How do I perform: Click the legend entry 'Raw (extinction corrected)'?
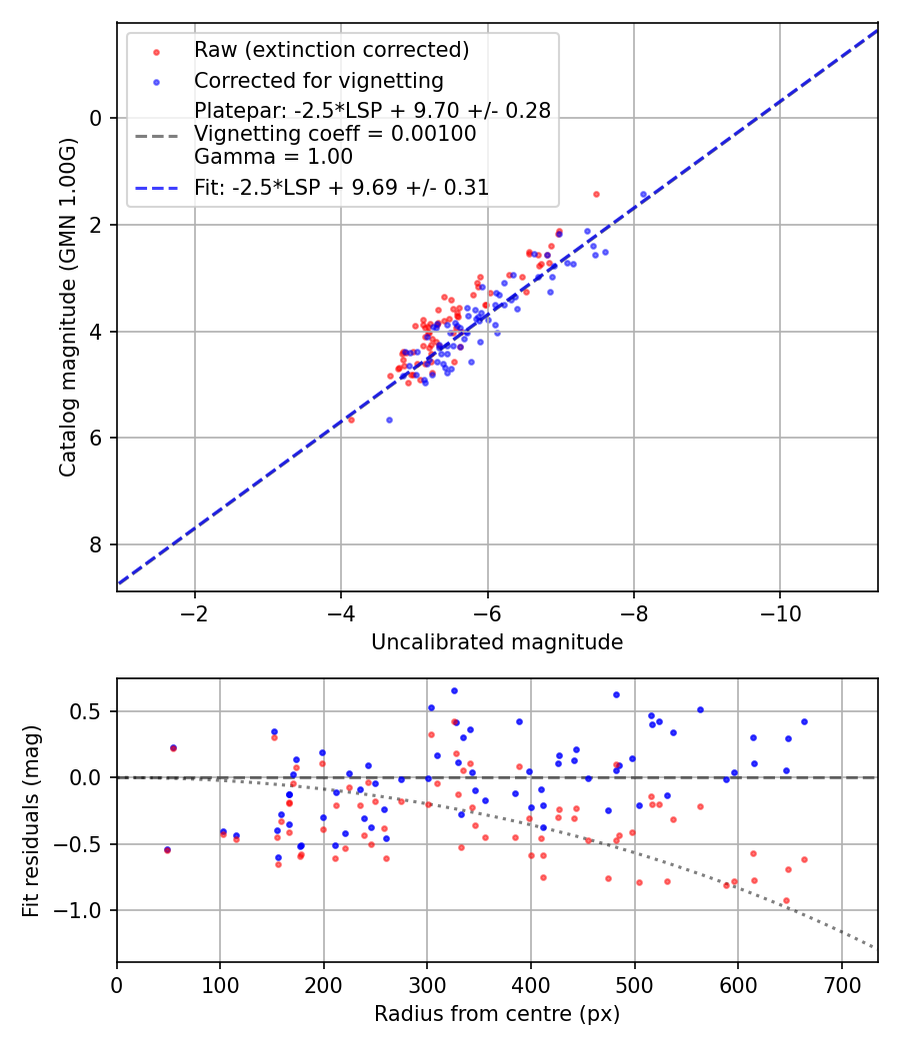pyautogui.click(x=331, y=50)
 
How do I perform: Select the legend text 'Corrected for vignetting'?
pyautogui.click(x=318, y=81)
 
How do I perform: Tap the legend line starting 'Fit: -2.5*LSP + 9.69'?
pyautogui.click(x=341, y=187)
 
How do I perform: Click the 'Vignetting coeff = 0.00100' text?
pyautogui.click(x=335, y=134)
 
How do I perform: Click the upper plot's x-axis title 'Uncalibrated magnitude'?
pyautogui.click(x=497, y=642)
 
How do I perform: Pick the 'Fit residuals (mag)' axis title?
pyautogui.click(x=31, y=820)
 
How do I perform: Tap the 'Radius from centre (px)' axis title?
pyautogui.click(x=497, y=1014)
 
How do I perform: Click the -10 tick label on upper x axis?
pyautogui.click(x=781, y=613)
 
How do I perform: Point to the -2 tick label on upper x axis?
pyautogui.click(x=195, y=613)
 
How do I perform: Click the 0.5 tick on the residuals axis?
pyautogui.click(x=91, y=711)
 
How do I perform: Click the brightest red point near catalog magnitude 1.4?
pyautogui.click(x=596, y=194)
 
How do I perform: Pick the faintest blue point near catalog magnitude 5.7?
pyautogui.click(x=389, y=420)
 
